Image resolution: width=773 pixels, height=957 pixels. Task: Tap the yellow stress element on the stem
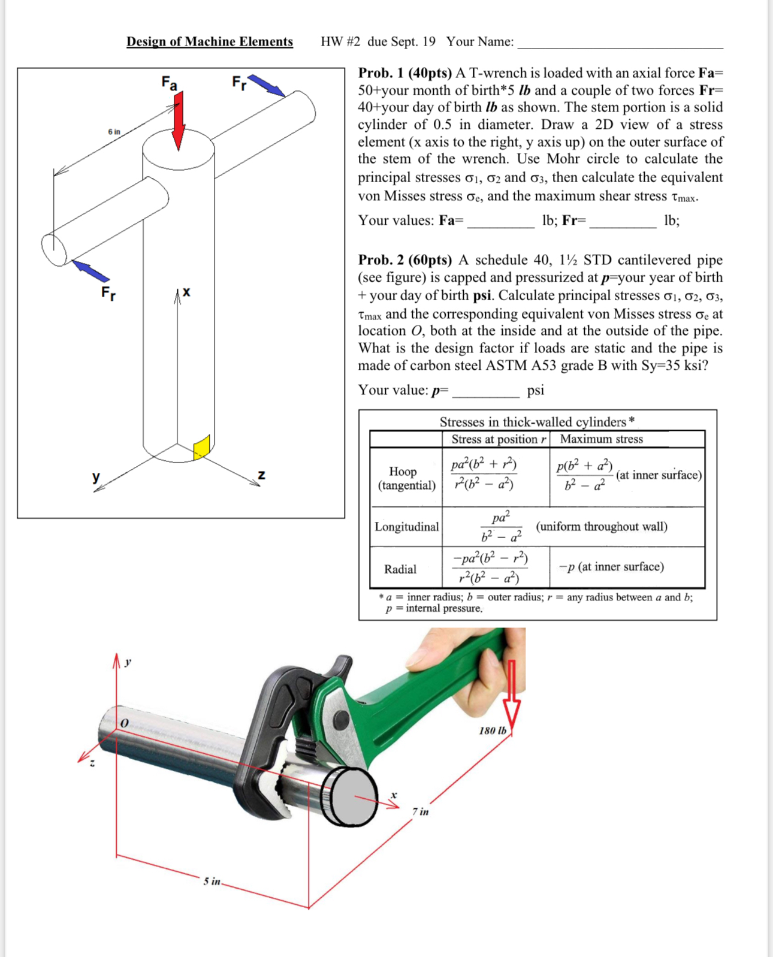(202, 447)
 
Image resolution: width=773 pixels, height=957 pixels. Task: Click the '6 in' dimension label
(114, 131)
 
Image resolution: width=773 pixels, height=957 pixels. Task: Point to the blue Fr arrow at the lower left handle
(90, 271)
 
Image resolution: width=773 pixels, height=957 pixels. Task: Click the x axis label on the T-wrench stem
(186, 292)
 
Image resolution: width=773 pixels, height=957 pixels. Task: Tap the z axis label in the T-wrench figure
(261, 475)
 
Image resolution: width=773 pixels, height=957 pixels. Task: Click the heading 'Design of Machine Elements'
(209, 41)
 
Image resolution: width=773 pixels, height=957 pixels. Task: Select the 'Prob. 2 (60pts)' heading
(405, 259)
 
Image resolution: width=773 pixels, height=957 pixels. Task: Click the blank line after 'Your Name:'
(620, 43)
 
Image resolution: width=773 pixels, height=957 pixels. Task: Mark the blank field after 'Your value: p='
(485, 392)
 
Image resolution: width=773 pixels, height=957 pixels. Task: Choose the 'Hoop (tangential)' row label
(406, 478)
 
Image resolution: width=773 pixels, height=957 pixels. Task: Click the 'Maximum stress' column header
(601, 439)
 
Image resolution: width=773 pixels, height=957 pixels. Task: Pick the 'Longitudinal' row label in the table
(406, 527)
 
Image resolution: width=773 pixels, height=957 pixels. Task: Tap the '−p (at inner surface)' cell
(611, 567)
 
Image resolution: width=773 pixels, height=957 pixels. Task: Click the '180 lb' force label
(493, 730)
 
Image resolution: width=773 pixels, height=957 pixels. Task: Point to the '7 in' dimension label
(421, 811)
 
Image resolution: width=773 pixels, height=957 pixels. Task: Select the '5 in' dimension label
(212, 881)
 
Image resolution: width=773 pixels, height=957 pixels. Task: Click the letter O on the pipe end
(125, 723)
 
